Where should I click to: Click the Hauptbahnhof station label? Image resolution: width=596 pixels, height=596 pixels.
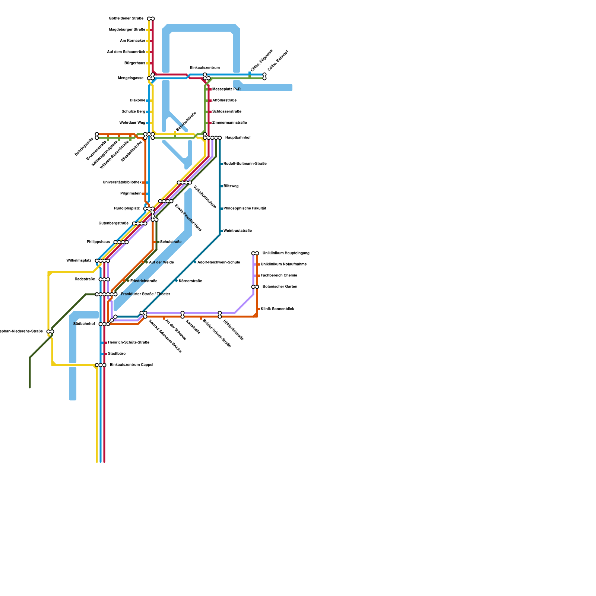238,138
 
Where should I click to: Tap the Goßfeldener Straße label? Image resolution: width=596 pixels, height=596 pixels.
126,19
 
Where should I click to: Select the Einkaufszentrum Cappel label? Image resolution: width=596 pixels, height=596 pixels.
131,365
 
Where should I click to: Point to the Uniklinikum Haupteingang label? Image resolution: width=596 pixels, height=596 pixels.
286,253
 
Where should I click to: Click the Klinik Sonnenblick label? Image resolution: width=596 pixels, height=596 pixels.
277,309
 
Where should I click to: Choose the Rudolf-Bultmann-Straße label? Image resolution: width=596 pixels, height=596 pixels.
245,164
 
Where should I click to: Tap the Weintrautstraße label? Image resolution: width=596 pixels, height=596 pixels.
237,231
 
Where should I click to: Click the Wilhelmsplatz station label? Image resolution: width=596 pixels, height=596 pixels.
79,261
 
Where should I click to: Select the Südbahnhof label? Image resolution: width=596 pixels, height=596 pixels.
84,324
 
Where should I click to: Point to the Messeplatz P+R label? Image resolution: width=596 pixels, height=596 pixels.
226,89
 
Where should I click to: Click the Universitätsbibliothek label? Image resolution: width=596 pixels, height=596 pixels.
122,183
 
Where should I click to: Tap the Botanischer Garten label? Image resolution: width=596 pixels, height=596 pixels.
280,287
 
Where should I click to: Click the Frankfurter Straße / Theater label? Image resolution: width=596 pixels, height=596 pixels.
145,294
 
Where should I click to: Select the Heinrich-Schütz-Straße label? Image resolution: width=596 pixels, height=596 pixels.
129,343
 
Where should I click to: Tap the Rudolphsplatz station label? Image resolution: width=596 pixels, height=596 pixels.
127,209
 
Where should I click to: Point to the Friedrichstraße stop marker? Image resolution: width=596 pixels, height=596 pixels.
128,280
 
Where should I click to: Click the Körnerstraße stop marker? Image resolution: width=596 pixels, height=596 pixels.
176,280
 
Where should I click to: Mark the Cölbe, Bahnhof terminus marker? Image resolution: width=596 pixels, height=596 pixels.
264,76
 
